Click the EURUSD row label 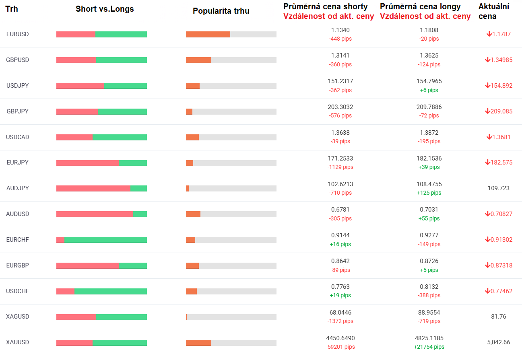[x=18, y=34]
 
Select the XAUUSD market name [x=18, y=342]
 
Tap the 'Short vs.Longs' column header [x=105, y=9]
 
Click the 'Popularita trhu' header [x=221, y=11]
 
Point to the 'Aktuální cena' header [x=494, y=11]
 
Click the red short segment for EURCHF [x=60, y=240]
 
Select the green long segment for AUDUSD [x=140, y=214]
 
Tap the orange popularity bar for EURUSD [x=208, y=34]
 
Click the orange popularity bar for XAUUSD [x=198, y=343]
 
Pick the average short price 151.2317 [x=340, y=81]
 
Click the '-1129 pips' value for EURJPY [x=340, y=167]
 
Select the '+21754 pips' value [x=429, y=347]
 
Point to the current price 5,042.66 [x=498, y=342]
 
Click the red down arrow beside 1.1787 [x=489, y=34]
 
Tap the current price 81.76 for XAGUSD [x=499, y=317]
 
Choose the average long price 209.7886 [x=429, y=107]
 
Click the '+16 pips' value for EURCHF [x=340, y=244]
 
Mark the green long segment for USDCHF [x=111, y=291]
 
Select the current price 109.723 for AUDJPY [x=498, y=188]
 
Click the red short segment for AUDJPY [x=93, y=188]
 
